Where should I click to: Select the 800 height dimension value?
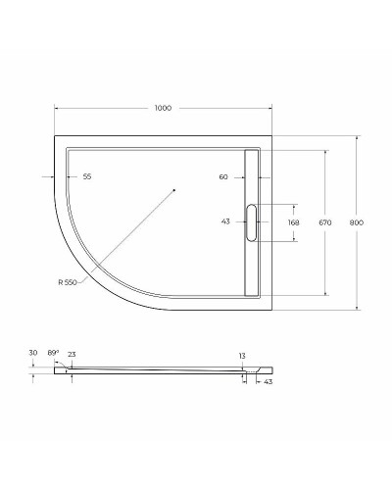pyautogui.click(x=356, y=222)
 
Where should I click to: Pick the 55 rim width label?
pyautogui.click(x=86, y=176)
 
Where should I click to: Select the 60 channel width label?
pyautogui.click(x=223, y=176)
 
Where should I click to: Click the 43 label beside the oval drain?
pyautogui.click(x=225, y=222)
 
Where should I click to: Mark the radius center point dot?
pyautogui.click(x=173, y=188)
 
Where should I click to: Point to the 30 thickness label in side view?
pyautogui.click(x=32, y=353)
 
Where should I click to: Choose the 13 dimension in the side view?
pyautogui.click(x=241, y=356)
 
